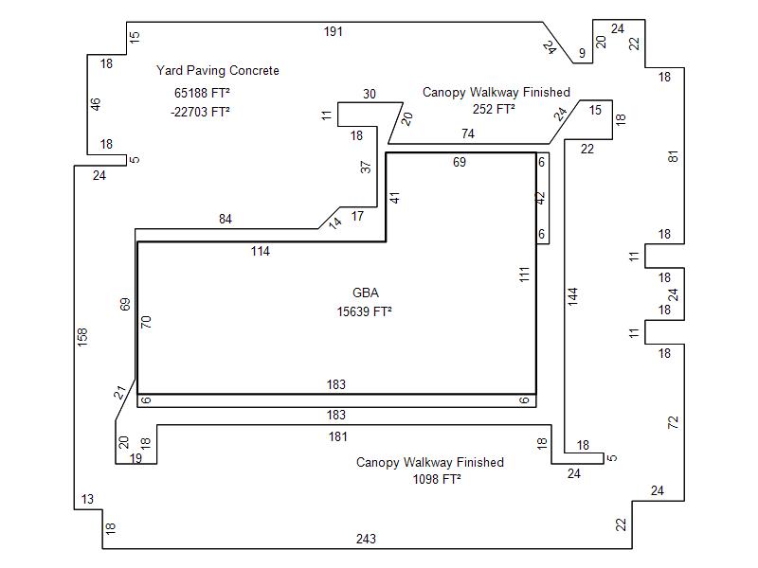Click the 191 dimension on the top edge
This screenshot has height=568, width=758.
[334, 32]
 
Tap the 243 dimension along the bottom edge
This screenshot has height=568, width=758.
[366, 539]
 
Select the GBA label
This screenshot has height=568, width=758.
[366, 293]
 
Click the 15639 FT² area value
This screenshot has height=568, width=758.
[364, 311]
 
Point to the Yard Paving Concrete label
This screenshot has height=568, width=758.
[218, 70]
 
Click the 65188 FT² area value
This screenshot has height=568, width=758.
[202, 93]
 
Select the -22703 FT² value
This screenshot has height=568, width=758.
[200, 112]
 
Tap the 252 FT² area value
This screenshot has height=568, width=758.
[494, 109]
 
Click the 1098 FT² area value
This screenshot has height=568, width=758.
[437, 479]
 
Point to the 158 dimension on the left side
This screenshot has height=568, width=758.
[82, 337]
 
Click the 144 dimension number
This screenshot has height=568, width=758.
[573, 296]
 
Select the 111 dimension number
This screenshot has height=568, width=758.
[525, 275]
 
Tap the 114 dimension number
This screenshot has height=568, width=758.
[260, 251]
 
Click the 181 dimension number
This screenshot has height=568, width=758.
[338, 436]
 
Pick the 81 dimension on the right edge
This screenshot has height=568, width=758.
[673, 156]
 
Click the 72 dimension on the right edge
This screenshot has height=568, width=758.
[673, 422]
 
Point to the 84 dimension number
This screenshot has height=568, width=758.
[226, 219]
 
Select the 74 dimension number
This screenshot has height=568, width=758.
[468, 133]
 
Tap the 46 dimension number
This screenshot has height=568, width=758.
[96, 104]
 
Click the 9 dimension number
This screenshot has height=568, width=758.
[582, 53]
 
